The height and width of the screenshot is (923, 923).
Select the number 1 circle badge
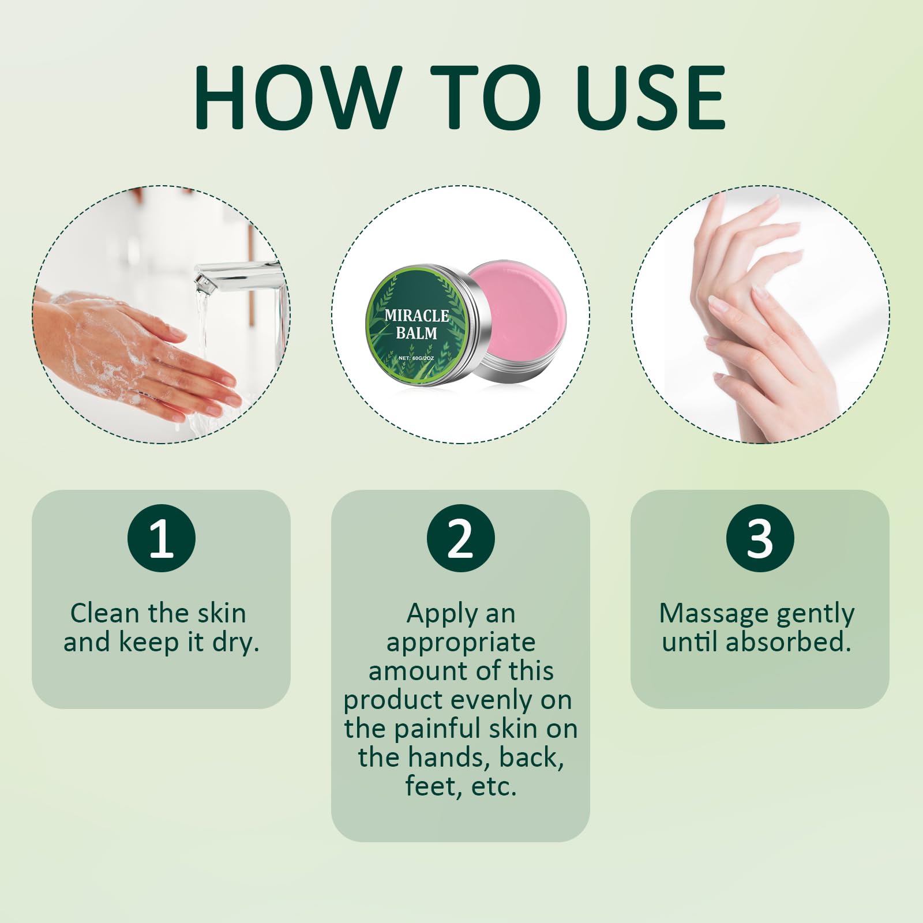[161, 538]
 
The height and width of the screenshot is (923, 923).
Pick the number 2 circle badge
[460, 538]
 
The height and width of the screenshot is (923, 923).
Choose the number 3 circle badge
[760, 538]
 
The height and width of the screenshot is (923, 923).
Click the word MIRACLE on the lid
[417, 316]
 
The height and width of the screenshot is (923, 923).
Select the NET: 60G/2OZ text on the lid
[416, 358]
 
